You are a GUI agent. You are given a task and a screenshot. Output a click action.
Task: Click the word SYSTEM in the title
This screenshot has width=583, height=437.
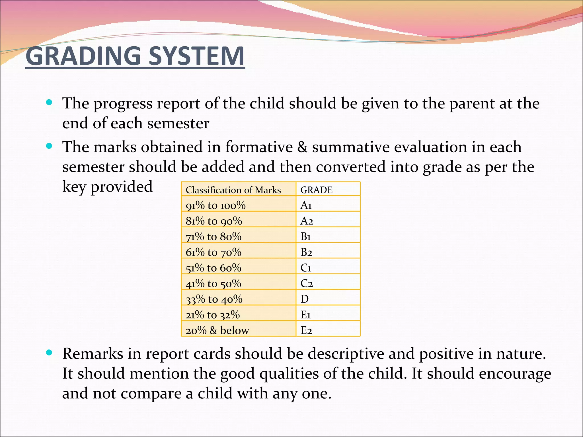pos(196,56)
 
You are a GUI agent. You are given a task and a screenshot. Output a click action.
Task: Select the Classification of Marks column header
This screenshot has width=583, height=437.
pos(233,190)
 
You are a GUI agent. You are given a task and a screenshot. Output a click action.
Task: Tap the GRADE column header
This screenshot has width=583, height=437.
pos(316,190)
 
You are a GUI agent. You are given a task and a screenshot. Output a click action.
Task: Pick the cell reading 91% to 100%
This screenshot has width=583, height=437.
pos(215,205)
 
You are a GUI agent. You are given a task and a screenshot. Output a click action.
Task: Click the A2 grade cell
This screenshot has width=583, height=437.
pos(307,221)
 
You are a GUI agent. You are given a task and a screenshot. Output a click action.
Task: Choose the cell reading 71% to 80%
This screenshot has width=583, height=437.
pos(214,236)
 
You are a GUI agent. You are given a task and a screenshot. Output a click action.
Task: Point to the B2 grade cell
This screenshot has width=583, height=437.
pos(306,252)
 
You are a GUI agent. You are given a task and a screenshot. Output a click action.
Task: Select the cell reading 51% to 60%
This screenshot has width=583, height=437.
pos(214,268)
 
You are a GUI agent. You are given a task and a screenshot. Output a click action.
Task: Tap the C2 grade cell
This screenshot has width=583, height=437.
pos(307,283)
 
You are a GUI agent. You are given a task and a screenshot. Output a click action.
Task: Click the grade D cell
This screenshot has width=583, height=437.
pos(304,299)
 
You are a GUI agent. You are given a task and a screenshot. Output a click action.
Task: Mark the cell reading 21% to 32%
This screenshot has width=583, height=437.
pos(213,315)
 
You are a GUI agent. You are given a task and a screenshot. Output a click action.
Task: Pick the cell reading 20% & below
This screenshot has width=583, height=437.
pos(217,330)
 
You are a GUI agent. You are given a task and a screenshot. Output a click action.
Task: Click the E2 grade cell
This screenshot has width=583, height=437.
pos(306,330)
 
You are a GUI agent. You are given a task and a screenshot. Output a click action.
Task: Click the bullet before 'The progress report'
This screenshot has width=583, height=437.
pos(49,102)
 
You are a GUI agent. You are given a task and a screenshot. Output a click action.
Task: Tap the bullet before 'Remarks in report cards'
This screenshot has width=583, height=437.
pos(49,353)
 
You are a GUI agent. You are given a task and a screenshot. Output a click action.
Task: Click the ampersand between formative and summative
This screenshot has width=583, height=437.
pos(302,147)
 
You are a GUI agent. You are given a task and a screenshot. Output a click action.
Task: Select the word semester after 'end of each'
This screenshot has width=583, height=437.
pos(178,123)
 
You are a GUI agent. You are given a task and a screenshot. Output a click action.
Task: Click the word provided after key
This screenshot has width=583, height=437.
pos(122,187)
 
